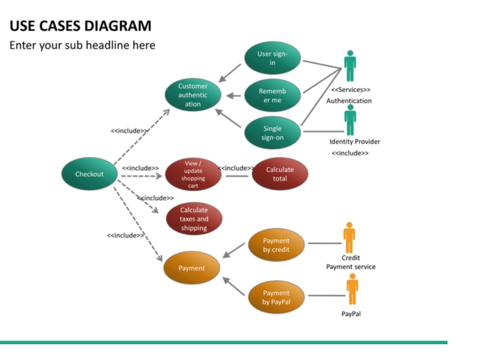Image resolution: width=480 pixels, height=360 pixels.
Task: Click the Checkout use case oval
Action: pos(89,174)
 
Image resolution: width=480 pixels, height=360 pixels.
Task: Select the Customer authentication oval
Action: pos(193,95)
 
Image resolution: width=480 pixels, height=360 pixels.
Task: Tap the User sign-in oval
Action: pos(272,58)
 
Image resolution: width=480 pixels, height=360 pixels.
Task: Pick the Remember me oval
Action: pos(272,96)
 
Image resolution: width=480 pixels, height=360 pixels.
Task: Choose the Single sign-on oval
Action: pos(272,133)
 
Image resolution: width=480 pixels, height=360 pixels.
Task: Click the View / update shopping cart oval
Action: pos(193,174)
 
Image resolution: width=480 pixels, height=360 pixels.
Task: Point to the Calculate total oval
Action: pos(280,174)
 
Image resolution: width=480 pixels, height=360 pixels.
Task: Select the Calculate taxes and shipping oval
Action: pos(194,219)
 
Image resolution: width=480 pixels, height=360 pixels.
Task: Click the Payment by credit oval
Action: pos(276,245)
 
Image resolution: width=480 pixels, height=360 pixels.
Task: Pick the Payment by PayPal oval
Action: pos(276,297)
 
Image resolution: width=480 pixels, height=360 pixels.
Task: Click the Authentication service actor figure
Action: pos(350,66)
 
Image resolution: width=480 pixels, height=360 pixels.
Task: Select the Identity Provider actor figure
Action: pos(350,120)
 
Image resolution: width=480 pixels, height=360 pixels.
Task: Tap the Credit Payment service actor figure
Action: pos(349,238)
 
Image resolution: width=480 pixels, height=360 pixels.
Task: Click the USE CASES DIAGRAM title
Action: pos(81,26)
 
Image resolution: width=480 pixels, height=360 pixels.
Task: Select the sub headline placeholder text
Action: pos(83,45)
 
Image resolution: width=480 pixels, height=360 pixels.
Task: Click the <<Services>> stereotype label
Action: pos(351,90)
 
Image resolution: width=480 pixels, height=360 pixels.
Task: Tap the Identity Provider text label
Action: pos(355,142)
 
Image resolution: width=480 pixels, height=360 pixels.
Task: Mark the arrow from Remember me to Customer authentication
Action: pos(234,96)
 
